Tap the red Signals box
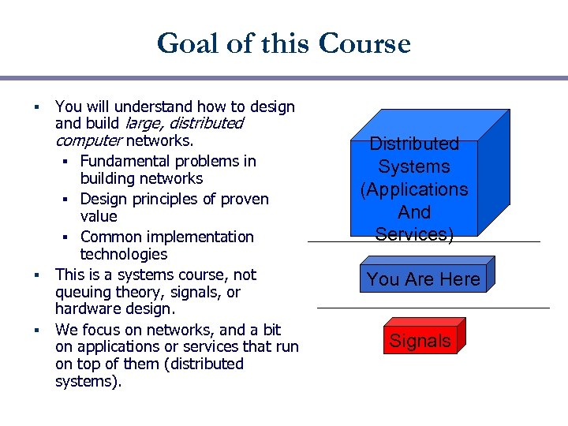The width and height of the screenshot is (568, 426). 420,341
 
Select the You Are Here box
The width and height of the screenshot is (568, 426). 423,279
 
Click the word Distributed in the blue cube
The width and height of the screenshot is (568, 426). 414,144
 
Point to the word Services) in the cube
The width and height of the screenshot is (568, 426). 414,234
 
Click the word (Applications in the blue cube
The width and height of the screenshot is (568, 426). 414,189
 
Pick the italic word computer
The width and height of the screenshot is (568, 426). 88,140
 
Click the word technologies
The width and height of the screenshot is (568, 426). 124,254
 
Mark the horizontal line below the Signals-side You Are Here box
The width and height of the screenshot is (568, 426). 432,308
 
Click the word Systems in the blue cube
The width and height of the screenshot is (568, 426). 414,166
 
